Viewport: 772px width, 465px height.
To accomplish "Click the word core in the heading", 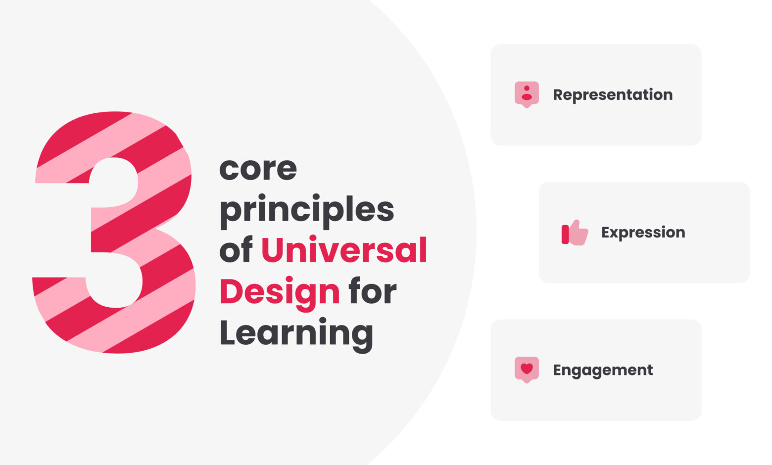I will pyautogui.click(x=258, y=169).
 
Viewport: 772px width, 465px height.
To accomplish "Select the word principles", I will pyautogui.click(x=306, y=211).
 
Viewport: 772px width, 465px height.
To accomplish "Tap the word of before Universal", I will pyautogui.click(x=236, y=250).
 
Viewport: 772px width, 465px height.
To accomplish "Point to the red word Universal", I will pyautogui.click(x=343, y=250).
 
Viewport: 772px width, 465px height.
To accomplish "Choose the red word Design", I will pyautogui.click(x=280, y=292).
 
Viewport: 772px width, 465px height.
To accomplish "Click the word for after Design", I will pyautogui.click(x=372, y=291).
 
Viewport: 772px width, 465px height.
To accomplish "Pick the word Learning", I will pyautogui.click(x=296, y=333).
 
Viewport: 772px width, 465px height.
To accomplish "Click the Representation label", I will pyautogui.click(x=613, y=94).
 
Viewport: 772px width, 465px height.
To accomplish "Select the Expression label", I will pyautogui.click(x=643, y=232).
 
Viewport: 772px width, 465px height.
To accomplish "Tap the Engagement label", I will pyautogui.click(x=603, y=370).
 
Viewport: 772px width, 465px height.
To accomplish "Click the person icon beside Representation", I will pyautogui.click(x=527, y=94).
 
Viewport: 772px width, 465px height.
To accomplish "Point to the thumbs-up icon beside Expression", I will pyautogui.click(x=575, y=232).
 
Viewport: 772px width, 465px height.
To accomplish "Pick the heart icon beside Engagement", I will pyautogui.click(x=527, y=370).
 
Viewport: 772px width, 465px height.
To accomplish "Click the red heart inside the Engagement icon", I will pyautogui.click(x=527, y=369).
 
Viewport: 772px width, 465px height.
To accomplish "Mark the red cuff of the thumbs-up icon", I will pyautogui.click(x=565, y=234).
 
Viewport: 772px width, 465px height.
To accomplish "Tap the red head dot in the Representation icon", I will pyautogui.click(x=527, y=88).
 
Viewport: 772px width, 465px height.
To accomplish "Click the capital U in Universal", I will pyautogui.click(x=272, y=250).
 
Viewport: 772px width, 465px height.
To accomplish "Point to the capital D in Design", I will pyautogui.click(x=230, y=291).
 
